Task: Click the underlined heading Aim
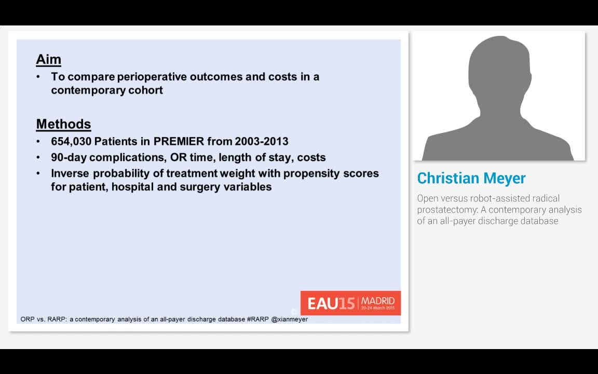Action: (48, 60)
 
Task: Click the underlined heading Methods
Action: (63, 124)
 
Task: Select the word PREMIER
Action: (179, 141)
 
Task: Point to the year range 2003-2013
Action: (261, 141)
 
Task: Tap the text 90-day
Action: (69, 157)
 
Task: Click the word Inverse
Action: (70, 173)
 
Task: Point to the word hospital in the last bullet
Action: (132, 187)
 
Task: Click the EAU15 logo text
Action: (331, 304)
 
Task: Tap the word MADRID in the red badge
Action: (377, 301)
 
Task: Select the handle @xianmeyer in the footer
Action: (289, 319)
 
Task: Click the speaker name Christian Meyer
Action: (471, 178)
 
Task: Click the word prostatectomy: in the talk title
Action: (448, 209)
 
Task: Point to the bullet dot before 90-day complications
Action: (38, 157)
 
